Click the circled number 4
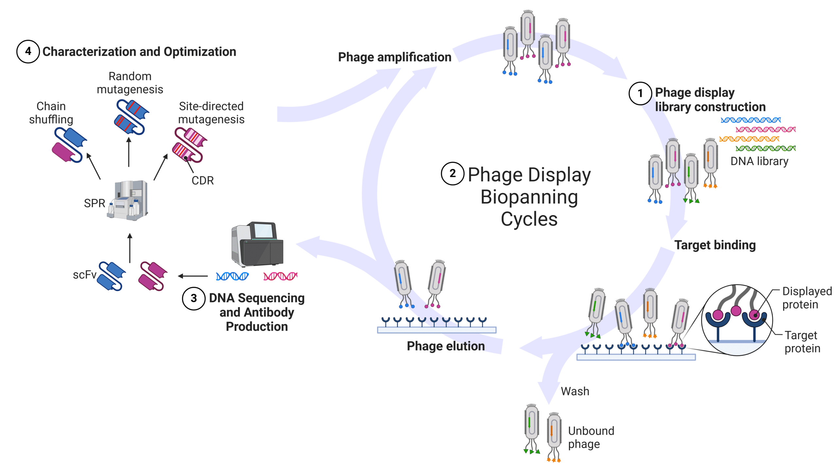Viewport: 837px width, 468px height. coord(28,51)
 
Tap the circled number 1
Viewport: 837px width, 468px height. coord(640,93)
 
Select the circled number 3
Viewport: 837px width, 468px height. coord(194,298)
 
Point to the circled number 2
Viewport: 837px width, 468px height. coord(453,174)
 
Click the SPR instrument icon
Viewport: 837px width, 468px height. coord(128,200)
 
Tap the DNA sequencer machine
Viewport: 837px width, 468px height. coord(257,244)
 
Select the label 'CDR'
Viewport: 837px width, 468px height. coord(203,180)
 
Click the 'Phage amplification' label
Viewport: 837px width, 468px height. coord(395,57)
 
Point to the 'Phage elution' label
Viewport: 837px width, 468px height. coord(446,346)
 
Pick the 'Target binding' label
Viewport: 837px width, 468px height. coord(715,245)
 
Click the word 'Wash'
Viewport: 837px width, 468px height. coord(575,391)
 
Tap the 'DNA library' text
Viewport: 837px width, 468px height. coord(760,161)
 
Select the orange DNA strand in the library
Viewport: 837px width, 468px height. coord(749,139)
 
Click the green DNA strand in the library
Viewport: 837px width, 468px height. coord(766,148)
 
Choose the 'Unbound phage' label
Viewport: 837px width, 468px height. coord(591,437)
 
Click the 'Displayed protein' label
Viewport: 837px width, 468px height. coord(807,298)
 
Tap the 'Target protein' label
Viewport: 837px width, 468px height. coord(802,342)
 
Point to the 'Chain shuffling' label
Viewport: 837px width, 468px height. coord(51,113)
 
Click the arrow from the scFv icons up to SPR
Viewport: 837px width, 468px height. coord(130,248)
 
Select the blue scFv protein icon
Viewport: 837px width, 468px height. coord(111,276)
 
